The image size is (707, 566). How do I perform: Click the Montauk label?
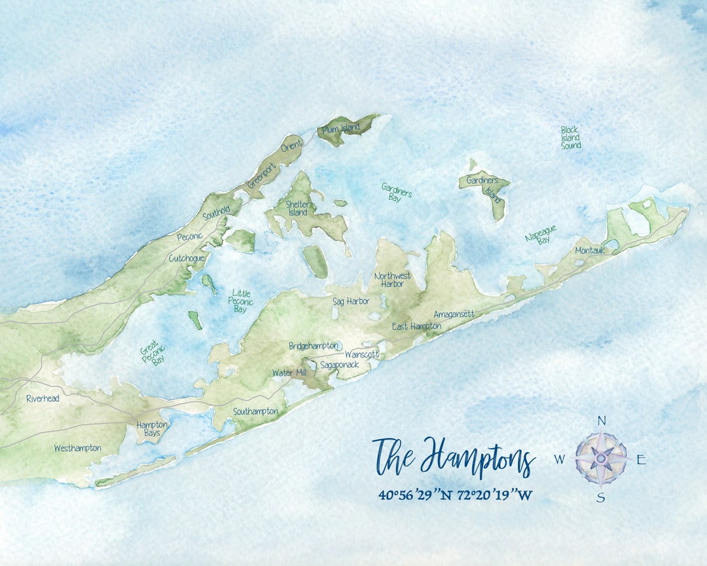(x=590, y=250)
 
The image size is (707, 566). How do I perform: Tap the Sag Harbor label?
(x=351, y=301)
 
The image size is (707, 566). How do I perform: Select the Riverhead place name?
(x=43, y=398)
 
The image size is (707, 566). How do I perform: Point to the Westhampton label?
(x=77, y=448)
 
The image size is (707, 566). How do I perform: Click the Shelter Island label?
(x=297, y=208)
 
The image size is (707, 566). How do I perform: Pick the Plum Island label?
(x=341, y=129)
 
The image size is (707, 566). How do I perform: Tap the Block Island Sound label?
(x=570, y=138)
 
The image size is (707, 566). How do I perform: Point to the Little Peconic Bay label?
(x=240, y=301)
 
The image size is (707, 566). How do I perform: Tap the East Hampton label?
(x=416, y=326)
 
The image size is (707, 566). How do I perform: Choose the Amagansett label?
(x=454, y=314)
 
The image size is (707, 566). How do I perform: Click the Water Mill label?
(x=289, y=373)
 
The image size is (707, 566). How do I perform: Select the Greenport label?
(x=263, y=175)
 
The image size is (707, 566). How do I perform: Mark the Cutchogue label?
(x=187, y=258)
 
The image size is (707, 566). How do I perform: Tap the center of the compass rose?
(x=601, y=459)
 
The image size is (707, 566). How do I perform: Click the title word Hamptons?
(x=479, y=459)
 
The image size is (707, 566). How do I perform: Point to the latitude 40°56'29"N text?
(x=417, y=495)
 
